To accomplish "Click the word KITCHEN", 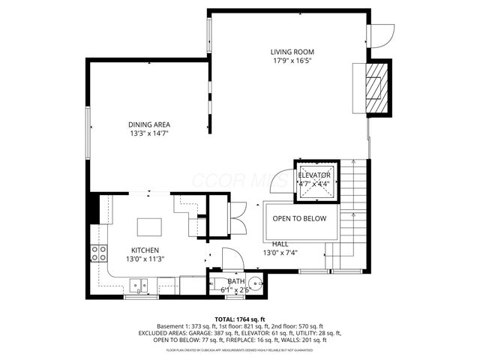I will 145,250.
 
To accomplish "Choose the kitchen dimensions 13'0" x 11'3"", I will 145,259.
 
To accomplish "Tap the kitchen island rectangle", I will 150,226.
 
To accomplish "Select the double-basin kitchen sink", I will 137,284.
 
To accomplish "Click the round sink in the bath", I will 255,285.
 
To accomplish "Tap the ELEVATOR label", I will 314,175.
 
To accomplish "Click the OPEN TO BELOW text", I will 299,218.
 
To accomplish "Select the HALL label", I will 280,244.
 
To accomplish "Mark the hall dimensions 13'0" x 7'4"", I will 281,253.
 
